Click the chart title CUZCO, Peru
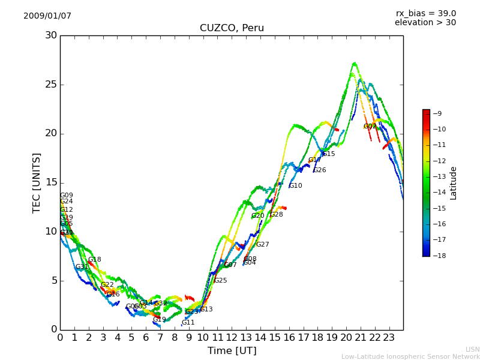232,28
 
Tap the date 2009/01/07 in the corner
47,16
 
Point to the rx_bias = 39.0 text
425,13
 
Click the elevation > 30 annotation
425,23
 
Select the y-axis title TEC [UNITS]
37,182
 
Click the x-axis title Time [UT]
232,351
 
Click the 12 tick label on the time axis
232,337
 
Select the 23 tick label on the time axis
389,337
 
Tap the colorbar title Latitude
454,182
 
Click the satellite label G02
370,127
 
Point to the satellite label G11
188,323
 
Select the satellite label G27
262,245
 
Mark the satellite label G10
295,186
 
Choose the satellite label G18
94,260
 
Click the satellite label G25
220,281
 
